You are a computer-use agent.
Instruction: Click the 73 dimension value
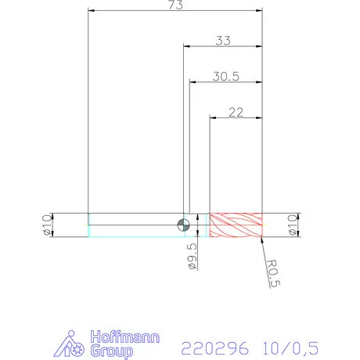click(x=175, y=5)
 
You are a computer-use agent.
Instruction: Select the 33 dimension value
click(x=222, y=41)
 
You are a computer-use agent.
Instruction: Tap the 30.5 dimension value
click(x=225, y=77)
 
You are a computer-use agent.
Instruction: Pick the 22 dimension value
click(x=235, y=112)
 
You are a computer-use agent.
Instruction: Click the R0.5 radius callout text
click(x=272, y=275)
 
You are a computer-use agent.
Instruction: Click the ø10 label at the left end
click(x=47, y=224)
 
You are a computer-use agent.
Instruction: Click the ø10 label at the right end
click(x=293, y=224)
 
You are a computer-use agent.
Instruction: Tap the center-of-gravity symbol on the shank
click(x=182, y=225)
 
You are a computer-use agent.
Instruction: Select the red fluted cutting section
click(x=235, y=225)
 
